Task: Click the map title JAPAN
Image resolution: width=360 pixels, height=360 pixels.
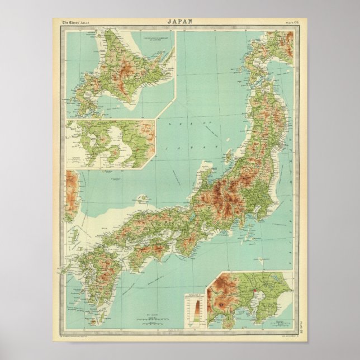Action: click(x=180, y=22)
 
